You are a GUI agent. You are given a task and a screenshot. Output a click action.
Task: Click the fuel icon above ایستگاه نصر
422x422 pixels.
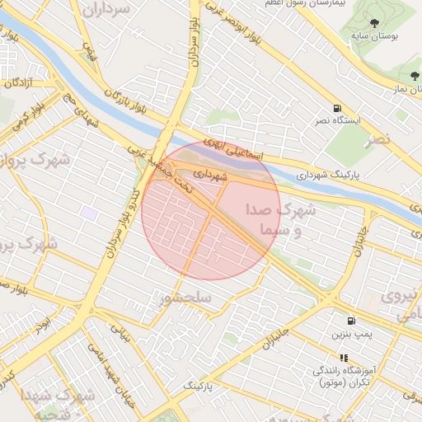pyautogui.click(x=337, y=108)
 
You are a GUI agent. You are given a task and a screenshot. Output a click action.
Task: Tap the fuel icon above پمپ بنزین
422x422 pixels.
pyautogui.click(x=352, y=321)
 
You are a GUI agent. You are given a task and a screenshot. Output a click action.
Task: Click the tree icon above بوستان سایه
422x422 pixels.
pyautogui.click(x=376, y=22)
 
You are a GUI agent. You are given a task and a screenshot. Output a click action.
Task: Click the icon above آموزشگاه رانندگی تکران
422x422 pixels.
pyautogui.click(x=344, y=359)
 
